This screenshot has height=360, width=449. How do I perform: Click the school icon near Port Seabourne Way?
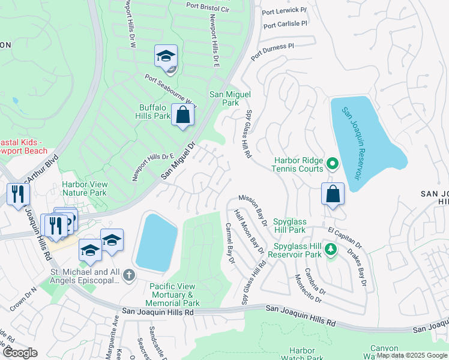click(166, 56)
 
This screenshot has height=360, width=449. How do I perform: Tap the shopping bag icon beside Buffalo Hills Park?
click(182, 114)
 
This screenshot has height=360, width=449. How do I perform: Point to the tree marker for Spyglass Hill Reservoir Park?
click(329, 248)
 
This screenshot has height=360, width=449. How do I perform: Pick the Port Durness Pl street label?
click(273, 51)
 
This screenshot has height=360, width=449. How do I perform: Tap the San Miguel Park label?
click(229, 98)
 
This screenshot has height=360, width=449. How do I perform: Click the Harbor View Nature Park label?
click(84, 188)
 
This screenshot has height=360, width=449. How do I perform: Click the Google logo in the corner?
click(20, 353)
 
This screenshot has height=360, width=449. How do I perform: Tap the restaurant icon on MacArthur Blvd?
click(18, 194)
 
